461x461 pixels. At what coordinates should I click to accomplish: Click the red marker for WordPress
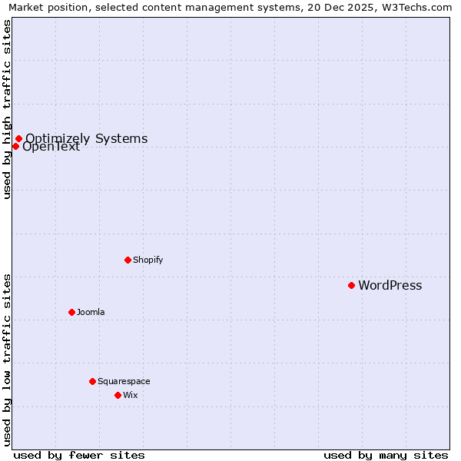click(x=351, y=285)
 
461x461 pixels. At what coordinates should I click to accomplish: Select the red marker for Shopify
click(x=128, y=260)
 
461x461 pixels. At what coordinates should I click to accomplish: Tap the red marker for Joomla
click(x=71, y=312)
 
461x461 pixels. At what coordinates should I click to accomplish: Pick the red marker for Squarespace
click(x=92, y=381)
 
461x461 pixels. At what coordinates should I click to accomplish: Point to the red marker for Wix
click(x=118, y=395)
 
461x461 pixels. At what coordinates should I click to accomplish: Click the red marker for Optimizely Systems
click(x=18, y=139)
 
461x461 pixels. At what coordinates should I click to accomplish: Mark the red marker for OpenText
click(x=15, y=146)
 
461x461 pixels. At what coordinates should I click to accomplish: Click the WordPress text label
click(x=390, y=286)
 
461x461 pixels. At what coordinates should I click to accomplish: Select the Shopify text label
click(x=148, y=260)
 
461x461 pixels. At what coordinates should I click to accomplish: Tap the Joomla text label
click(x=91, y=312)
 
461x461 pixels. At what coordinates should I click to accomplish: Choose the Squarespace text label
click(x=124, y=381)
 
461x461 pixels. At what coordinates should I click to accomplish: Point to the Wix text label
click(x=130, y=395)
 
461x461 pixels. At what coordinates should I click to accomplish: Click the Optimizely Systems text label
click(x=86, y=139)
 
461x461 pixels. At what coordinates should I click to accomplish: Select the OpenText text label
click(x=51, y=147)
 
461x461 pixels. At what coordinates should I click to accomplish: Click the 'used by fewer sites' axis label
click(x=79, y=455)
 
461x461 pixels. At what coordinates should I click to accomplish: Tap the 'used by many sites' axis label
click(x=386, y=455)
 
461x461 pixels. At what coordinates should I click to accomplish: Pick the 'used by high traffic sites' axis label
click(x=7, y=109)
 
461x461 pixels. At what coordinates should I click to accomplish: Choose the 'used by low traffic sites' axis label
click(x=7, y=360)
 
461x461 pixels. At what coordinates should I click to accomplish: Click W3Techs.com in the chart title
click(x=421, y=7)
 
